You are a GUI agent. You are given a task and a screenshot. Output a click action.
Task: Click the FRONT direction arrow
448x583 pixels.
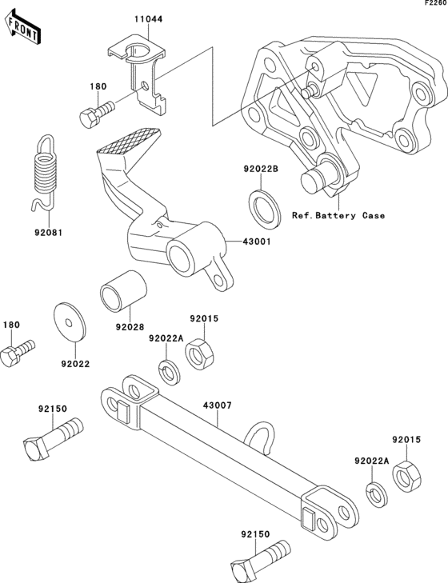[x=22, y=28]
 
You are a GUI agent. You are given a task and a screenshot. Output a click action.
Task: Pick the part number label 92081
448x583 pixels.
[x=47, y=234]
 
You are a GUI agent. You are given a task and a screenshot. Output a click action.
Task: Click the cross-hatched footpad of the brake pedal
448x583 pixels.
[x=128, y=142]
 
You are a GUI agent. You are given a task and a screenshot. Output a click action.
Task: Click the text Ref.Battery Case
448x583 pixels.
[x=338, y=216]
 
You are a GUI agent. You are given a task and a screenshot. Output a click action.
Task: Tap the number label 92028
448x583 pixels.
[x=130, y=327]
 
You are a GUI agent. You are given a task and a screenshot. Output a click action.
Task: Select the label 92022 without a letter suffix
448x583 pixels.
[x=74, y=362]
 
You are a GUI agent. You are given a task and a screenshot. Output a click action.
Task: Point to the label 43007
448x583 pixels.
[x=217, y=406]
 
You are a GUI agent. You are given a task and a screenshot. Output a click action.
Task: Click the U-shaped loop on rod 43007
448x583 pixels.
[x=262, y=433]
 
